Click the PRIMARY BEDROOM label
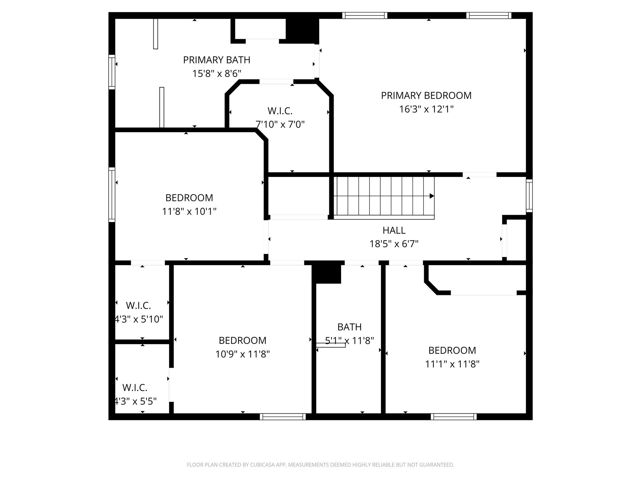coord(426,96)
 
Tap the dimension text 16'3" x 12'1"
coord(426,109)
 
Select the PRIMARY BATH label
coord(217,60)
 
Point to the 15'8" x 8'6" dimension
coord(217,74)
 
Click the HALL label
coord(394,230)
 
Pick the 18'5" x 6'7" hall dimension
coord(394,244)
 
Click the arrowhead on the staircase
coord(432,196)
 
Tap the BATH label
coord(349,327)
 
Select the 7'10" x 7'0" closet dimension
coord(280,125)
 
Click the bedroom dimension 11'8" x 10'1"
coord(189,212)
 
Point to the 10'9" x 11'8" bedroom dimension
coord(243,354)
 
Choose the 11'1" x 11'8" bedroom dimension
coord(452,364)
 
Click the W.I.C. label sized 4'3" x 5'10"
coord(138,305)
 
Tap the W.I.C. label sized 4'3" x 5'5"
coord(135,388)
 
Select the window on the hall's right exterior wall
coord(529,196)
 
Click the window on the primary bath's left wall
coord(112,72)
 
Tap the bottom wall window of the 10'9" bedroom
coord(283,416)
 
